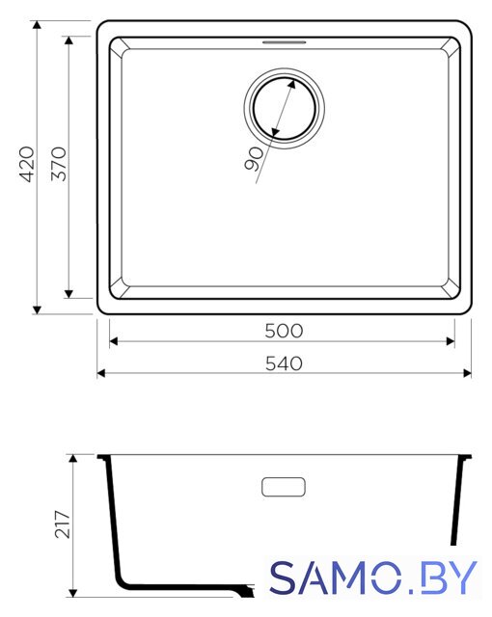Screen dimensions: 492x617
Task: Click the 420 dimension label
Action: tap(27, 165)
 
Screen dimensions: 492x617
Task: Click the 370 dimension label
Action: tap(59, 164)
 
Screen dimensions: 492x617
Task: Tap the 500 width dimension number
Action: tap(284, 331)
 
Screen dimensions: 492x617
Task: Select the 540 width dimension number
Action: tap(284, 363)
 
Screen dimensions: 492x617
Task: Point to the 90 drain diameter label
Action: tap(254, 158)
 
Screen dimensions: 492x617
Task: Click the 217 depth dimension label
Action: tap(63, 524)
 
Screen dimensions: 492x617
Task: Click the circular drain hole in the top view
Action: tap(285, 109)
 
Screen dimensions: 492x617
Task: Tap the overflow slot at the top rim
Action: tap(285, 41)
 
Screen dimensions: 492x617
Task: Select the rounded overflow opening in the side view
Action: tap(284, 487)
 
